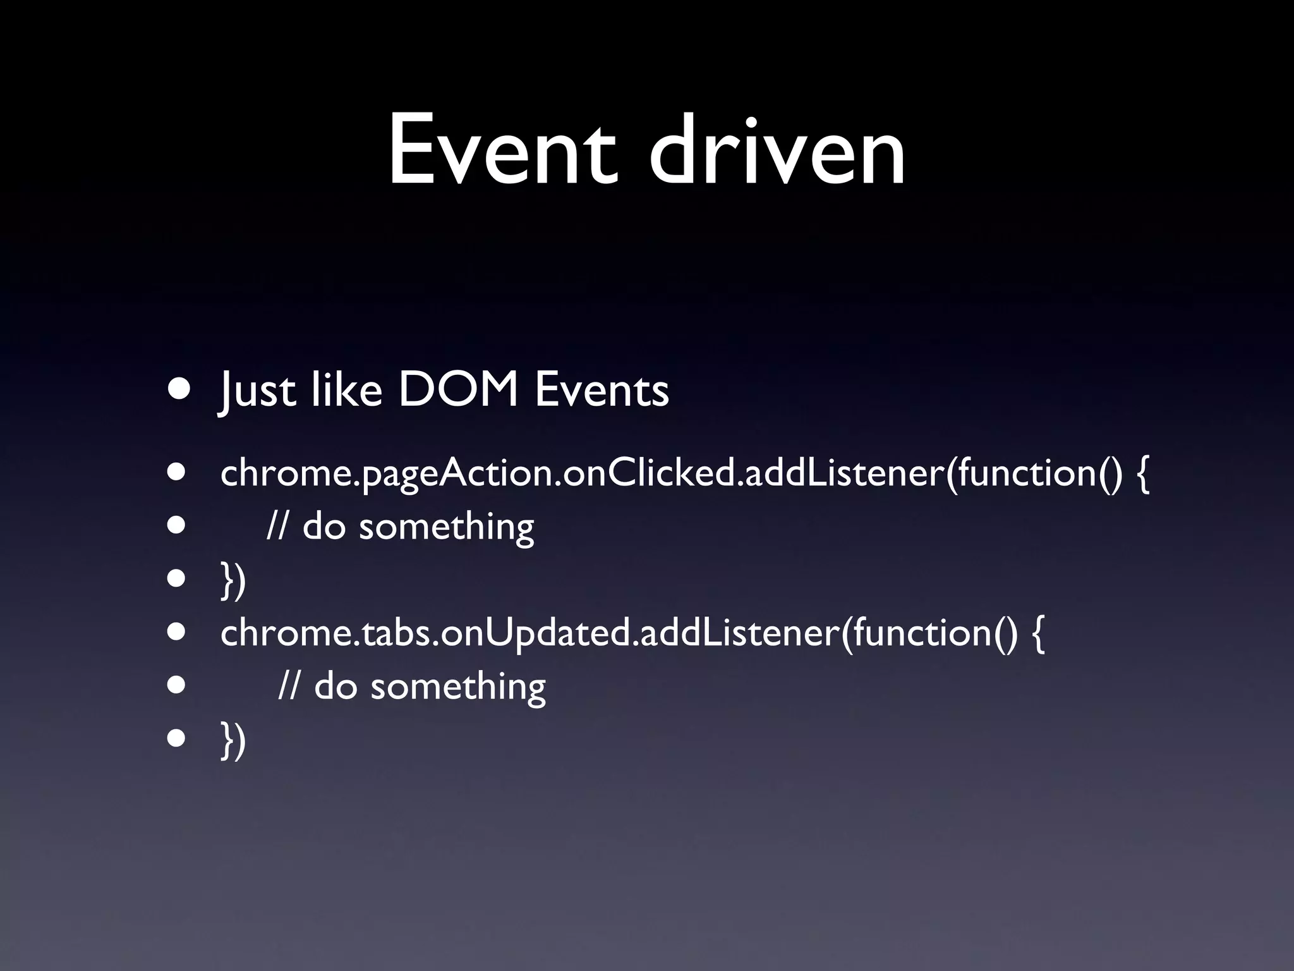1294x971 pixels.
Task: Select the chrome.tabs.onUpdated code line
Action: pyautogui.click(x=632, y=633)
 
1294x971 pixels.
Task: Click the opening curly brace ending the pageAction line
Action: pyautogui.click(x=1142, y=474)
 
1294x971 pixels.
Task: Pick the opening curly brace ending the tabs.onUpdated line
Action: pyautogui.click(x=1037, y=634)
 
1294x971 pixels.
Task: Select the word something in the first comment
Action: pyautogui.click(x=446, y=527)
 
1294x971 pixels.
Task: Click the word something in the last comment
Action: pyautogui.click(x=457, y=687)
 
